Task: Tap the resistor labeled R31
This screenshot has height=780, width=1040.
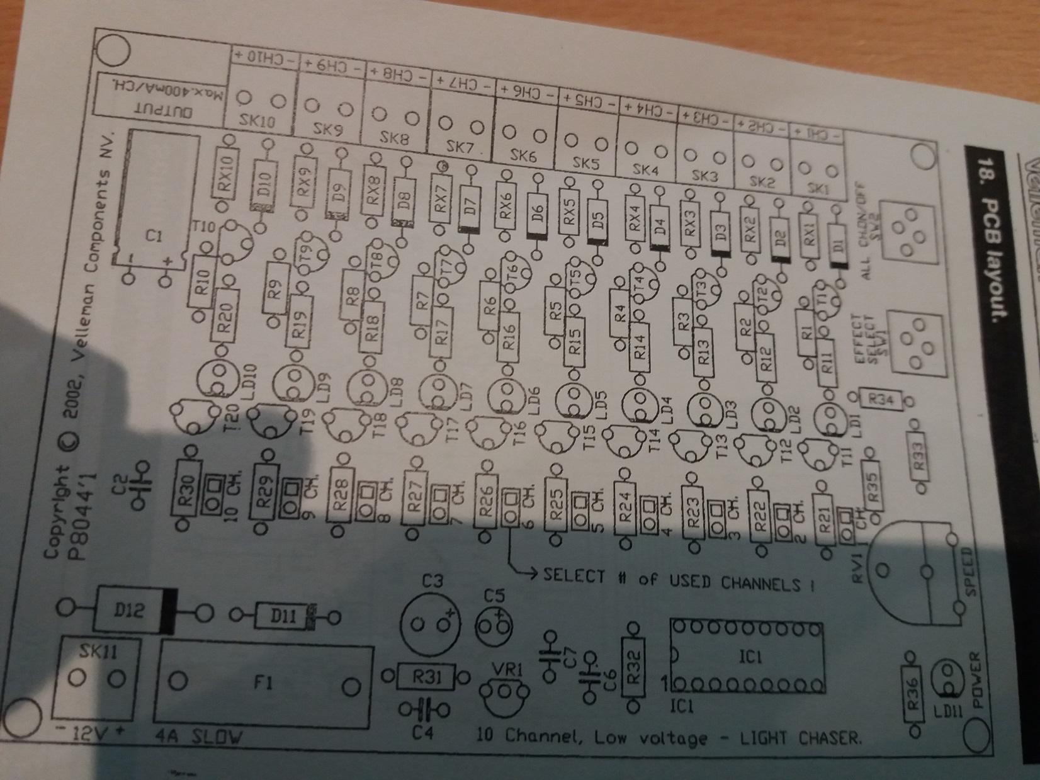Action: (427, 677)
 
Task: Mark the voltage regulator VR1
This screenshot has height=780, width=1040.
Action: (504, 691)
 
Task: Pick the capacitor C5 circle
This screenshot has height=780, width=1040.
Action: (495, 623)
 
